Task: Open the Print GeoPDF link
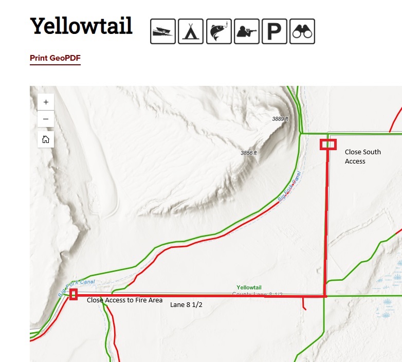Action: click(x=55, y=58)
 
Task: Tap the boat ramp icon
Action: click(x=163, y=31)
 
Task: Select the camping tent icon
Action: click(x=191, y=31)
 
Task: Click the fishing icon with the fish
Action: click(x=218, y=31)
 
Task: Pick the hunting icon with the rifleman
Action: click(x=247, y=31)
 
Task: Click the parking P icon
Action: click(x=275, y=31)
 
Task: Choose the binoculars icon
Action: click(x=302, y=31)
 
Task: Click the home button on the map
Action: click(x=46, y=139)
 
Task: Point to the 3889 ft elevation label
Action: click(x=280, y=119)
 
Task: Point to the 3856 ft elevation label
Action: click(x=249, y=153)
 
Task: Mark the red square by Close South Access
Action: click(x=328, y=144)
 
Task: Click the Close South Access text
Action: click(x=362, y=156)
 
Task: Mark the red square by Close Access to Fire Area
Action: click(x=74, y=294)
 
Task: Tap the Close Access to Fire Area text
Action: click(x=124, y=300)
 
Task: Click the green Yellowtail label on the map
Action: click(x=249, y=287)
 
